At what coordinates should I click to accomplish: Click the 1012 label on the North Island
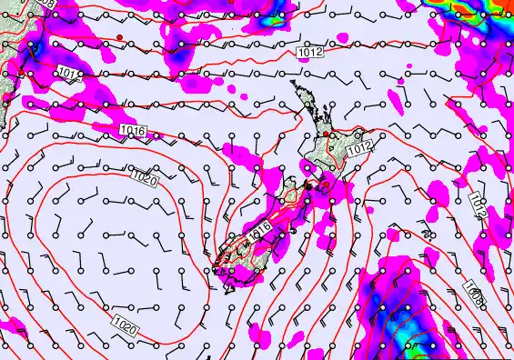click(360, 146)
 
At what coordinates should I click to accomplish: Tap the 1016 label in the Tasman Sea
click(133, 133)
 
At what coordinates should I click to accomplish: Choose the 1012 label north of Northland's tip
click(309, 54)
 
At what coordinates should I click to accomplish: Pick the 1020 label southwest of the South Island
click(126, 323)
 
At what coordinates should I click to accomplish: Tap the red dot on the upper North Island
click(326, 134)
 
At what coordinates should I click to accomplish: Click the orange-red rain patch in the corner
click(469, 7)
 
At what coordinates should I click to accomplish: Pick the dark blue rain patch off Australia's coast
click(36, 50)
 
